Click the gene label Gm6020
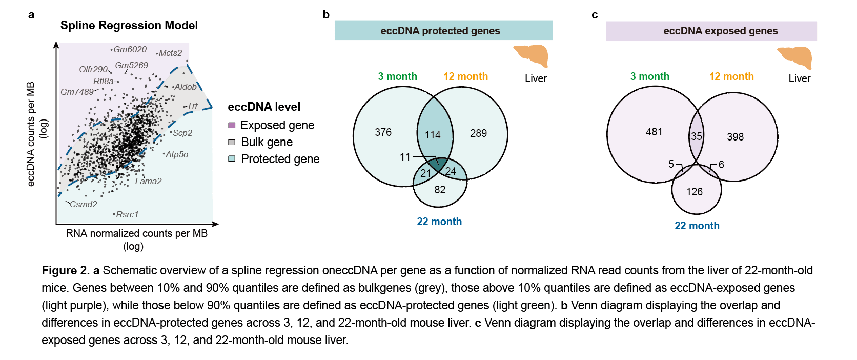(x=130, y=49)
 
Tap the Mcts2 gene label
(x=170, y=53)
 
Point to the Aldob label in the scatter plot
(x=185, y=87)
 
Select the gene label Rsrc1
(x=127, y=214)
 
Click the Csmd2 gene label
(x=83, y=204)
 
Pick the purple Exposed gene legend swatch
(x=232, y=125)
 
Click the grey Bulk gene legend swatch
(x=232, y=142)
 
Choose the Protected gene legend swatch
(x=232, y=159)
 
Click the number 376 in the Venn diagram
(x=383, y=132)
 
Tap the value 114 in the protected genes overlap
(x=433, y=134)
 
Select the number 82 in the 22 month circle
(x=440, y=190)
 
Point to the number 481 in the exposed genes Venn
(x=654, y=132)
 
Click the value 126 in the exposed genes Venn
(x=695, y=192)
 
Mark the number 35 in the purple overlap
(x=696, y=136)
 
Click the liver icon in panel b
(x=532, y=55)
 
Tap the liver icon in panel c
(x=795, y=57)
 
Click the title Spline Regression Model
(x=129, y=25)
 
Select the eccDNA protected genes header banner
(x=443, y=31)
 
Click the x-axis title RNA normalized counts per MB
(x=136, y=233)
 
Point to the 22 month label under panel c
(x=697, y=226)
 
